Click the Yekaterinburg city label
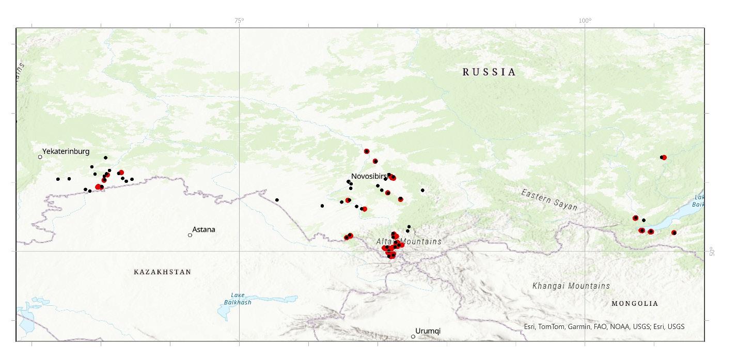coord(66,151)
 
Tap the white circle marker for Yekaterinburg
coord(40,156)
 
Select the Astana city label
coord(203,229)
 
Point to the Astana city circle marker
coord(190,235)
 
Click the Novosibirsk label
coord(370,176)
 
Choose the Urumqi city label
coord(428,331)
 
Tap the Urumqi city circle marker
coord(413,337)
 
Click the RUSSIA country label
coord(489,72)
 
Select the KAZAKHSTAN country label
coord(162,272)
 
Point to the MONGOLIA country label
coord(635,304)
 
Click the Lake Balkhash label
coord(241,299)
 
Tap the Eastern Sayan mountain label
coord(549,199)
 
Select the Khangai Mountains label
coord(571,286)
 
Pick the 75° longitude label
coord(239,21)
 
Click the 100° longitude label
coord(585,21)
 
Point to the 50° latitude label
coord(712,252)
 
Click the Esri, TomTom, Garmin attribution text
coord(604,326)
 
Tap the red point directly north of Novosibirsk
coord(367,151)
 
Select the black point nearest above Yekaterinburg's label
coord(106,158)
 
